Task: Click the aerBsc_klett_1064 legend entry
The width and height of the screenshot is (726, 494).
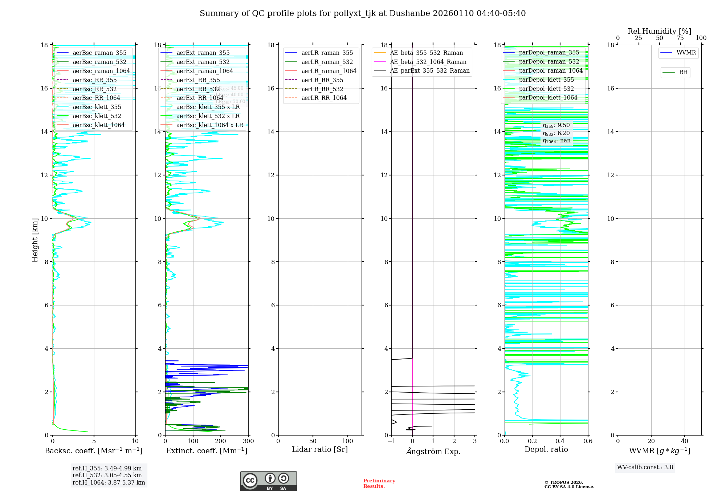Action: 98,125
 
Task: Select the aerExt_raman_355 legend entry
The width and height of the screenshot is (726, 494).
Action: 203,53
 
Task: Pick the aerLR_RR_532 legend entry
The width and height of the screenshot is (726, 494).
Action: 322,89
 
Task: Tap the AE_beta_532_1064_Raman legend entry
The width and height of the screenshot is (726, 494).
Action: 428,62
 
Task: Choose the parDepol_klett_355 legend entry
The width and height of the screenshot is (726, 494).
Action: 546,80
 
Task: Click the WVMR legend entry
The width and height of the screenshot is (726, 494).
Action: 686,53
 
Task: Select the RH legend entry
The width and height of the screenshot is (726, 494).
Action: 683,72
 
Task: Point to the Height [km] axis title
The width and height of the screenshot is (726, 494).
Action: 35,240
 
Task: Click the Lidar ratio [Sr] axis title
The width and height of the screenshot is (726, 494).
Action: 320,449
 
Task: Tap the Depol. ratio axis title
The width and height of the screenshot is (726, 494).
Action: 546,449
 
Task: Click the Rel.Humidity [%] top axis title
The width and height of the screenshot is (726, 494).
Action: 659,31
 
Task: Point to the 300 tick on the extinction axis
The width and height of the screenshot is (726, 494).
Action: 248,441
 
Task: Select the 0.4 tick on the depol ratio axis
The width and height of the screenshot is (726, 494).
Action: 560,441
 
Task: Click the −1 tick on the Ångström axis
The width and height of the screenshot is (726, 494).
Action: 391,441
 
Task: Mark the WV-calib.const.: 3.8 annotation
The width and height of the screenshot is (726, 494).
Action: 645,467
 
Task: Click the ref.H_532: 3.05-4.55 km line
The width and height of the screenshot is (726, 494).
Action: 107,475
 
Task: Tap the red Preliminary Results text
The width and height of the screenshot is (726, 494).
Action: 379,483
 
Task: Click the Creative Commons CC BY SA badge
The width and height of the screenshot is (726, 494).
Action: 268,481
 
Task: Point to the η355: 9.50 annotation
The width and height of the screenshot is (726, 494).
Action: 556,125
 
